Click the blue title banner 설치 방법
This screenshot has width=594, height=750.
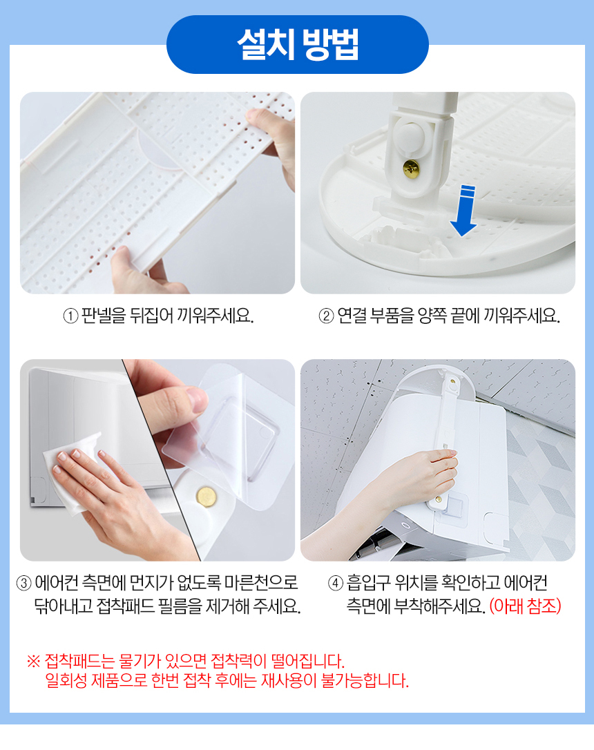click(x=298, y=44)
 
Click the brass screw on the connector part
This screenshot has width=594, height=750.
click(x=411, y=169)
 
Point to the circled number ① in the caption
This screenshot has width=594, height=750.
click(x=70, y=316)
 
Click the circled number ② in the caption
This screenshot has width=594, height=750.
click(x=326, y=316)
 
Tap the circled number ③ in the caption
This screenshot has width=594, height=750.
click(x=24, y=584)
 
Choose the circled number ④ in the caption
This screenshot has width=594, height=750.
click(x=336, y=584)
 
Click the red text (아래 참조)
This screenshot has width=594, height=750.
click(x=525, y=606)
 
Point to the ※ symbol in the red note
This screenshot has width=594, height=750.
click(x=33, y=662)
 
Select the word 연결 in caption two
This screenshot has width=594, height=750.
click(x=352, y=316)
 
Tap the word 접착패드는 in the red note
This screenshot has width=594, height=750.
click(x=80, y=662)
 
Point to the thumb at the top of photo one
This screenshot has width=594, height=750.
click(x=265, y=117)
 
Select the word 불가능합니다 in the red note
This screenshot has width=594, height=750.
click(x=365, y=681)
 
